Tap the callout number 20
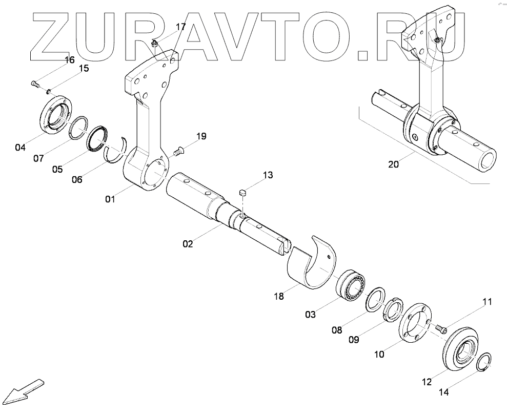pos(393,164)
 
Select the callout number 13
pos(268,176)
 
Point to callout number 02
pos(188,244)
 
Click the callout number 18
pos(279,296)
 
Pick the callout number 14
pos(443,392)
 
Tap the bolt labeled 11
pos(440,328)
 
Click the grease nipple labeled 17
pos(154,45)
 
